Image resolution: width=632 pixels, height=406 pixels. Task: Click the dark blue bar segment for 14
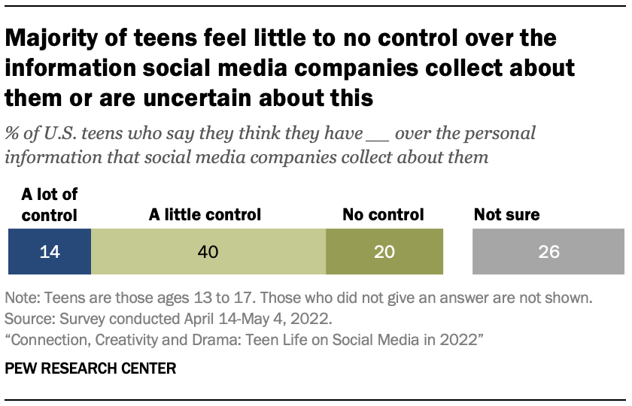coord(49,251)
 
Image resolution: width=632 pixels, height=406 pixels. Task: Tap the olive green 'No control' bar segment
coord(384,251)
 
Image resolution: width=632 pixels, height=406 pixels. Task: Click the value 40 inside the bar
coord(207,251)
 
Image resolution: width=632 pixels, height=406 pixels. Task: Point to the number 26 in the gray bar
coord(548,251)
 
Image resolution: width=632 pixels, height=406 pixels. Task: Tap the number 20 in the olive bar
coord(384,251)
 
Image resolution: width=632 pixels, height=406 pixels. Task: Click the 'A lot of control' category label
coord(49,205)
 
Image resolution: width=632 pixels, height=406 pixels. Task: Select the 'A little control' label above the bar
coord(205,215)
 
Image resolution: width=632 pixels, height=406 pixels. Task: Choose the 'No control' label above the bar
coord(383,215)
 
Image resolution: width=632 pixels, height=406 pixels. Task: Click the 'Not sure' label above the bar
coord(506,215)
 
